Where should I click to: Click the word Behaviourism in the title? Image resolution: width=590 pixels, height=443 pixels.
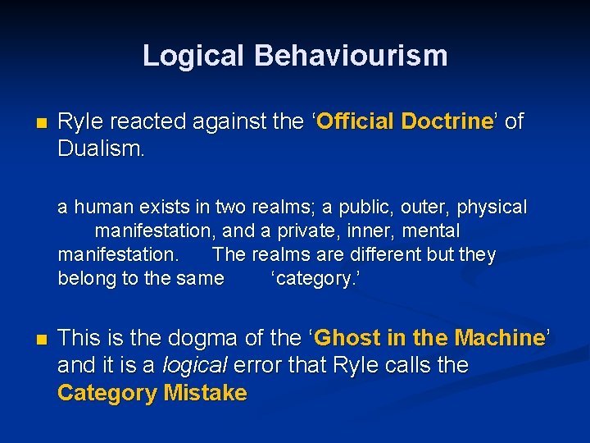351,56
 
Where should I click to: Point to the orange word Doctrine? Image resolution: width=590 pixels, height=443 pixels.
446,122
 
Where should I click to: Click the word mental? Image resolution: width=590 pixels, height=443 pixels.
428,231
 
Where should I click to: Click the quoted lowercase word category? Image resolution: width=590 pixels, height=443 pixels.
315,279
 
